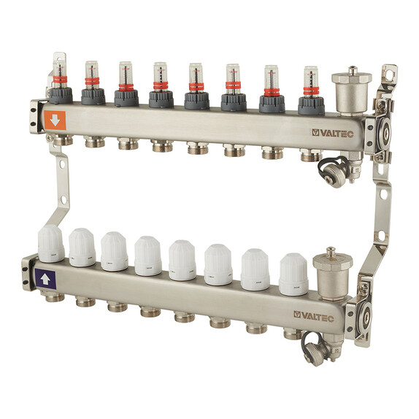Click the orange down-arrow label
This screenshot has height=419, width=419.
pyautogui.click(x=55, y=120)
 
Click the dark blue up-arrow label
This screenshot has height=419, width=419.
pyautogui.click(x=45, y=280)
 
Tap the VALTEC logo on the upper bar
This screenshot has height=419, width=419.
pyautogui.click(x=333, y=134)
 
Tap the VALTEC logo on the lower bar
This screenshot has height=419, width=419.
pyautogui.click(x=314, y=316)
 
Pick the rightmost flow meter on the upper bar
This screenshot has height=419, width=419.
pyautogui.click(x=311, y=91)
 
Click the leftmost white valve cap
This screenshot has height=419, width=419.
pyautogui.click(x=51, y=244)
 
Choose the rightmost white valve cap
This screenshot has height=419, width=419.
pyautogui.click(x=293, y=274)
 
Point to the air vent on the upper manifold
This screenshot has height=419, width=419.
pyautogui.click(x=351, y=91)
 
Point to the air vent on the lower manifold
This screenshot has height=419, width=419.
pyautogui.click(x=333, y=273)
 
